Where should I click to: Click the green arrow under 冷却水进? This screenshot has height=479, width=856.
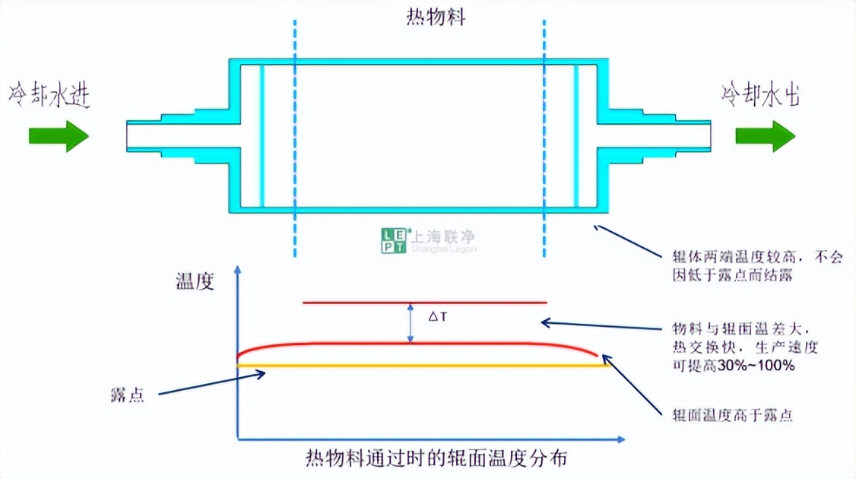point(59,136)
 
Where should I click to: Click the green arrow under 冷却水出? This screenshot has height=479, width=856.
point(765,136)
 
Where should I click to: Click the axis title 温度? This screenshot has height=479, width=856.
point(195,282)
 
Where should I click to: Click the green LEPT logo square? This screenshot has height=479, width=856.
point(394,240)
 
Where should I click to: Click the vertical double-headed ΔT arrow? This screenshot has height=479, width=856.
point(411,323)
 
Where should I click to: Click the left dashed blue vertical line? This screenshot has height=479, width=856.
point(294,137)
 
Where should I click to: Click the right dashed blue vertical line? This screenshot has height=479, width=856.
point(544,137)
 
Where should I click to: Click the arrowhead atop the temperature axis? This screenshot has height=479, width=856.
point(239,271)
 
